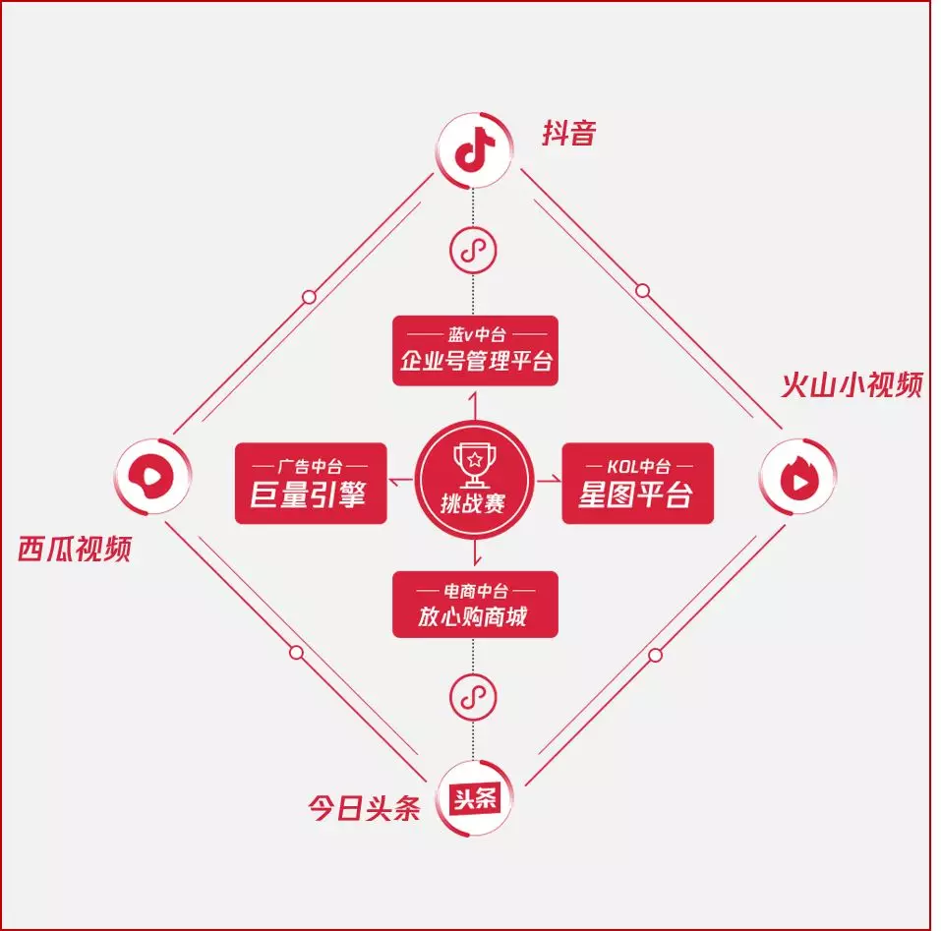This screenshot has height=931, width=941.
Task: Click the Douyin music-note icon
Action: point(475,150)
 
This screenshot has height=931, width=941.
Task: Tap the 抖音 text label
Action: point(569,133)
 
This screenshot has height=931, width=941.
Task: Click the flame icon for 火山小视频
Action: point(798,476)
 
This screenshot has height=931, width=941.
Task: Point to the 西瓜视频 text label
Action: point(75,549)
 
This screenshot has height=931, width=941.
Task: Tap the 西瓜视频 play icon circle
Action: point(152,476)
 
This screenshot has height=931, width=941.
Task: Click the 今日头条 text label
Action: point(364,807)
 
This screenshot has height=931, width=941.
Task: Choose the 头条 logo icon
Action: point(475,798)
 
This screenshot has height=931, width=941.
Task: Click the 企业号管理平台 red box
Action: point(475,351)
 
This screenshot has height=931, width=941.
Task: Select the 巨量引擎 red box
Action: point(311,484)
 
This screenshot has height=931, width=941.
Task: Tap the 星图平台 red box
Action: point(638,484)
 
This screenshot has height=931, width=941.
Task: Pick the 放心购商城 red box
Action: point(475,605)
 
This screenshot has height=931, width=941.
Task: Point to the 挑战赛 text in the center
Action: point(474,503)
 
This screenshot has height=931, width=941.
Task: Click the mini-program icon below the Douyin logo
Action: point(474,250)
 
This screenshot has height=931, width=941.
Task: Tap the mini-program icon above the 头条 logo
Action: point(474,697)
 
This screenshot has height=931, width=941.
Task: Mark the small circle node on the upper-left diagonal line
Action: point(309,297)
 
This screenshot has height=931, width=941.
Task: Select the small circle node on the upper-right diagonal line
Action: point(643,291)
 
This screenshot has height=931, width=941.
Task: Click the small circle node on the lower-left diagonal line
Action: point(297,653)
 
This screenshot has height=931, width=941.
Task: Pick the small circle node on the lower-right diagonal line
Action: point(655,655)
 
